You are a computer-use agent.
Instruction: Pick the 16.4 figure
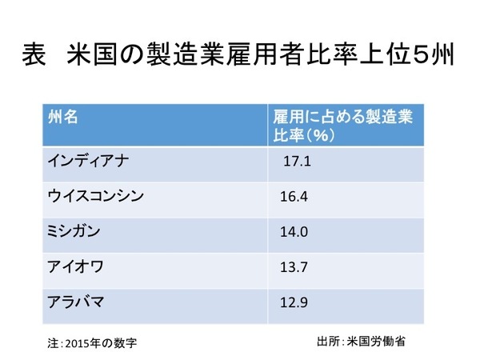pos(294,195)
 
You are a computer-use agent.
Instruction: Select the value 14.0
pos(294,230)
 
